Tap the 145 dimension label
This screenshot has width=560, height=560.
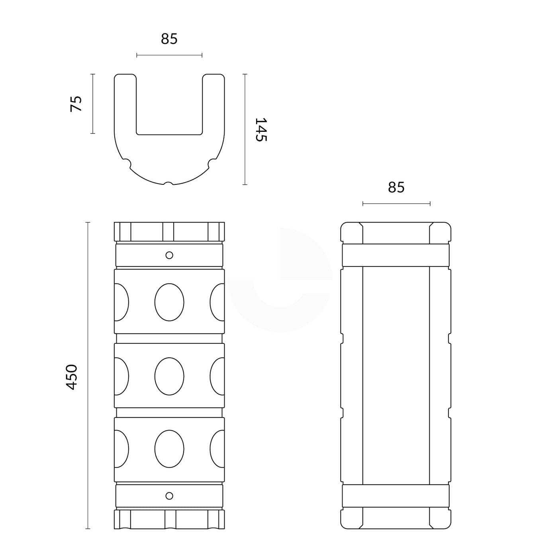(260, 129)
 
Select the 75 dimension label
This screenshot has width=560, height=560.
(76, 104)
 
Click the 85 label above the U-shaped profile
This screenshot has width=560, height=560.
(169, 39)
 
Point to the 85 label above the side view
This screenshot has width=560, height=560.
(396, 188)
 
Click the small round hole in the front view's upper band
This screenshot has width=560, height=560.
(169, 255)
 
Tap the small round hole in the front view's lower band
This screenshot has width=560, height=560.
(169, 496)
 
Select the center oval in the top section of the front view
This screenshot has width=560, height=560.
(169, 302)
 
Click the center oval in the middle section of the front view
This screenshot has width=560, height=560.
(169, 376)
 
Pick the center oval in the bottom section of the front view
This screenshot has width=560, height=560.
(169, 449)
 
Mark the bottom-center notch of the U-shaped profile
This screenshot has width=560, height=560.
(169, 184)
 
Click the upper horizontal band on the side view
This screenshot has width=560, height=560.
(396, 255)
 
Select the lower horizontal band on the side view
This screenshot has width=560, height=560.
(396, 496)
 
